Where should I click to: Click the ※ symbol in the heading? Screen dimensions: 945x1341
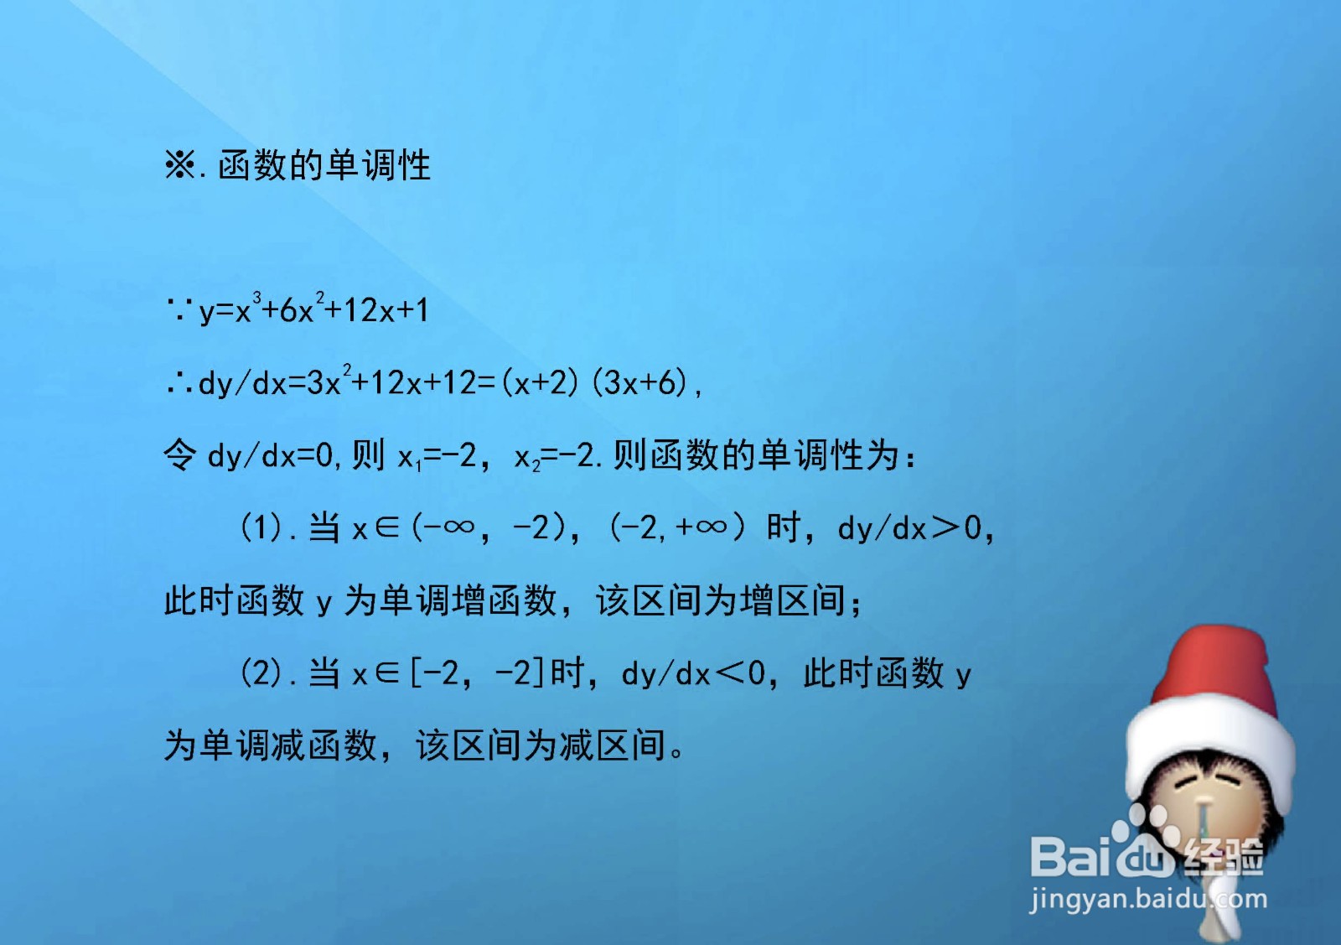coord(179,164)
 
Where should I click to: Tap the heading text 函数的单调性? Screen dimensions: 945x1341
coord(324,164)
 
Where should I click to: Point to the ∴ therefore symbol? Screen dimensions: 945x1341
coord(179,384)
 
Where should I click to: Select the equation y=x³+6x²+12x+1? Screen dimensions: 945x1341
coord(313,310)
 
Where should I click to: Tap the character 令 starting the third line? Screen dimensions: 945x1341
coord(179,456)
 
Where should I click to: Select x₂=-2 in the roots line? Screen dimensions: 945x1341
coord(553,457)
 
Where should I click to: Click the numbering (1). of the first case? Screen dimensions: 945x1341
coord(267,528)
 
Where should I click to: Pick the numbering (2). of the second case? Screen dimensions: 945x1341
coord(267,673)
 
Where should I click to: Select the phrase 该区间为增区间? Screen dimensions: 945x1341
coord(721,600)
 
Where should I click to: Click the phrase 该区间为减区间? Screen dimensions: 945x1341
coord(541,745)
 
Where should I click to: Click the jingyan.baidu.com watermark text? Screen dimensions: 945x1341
coord(1148,900)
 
